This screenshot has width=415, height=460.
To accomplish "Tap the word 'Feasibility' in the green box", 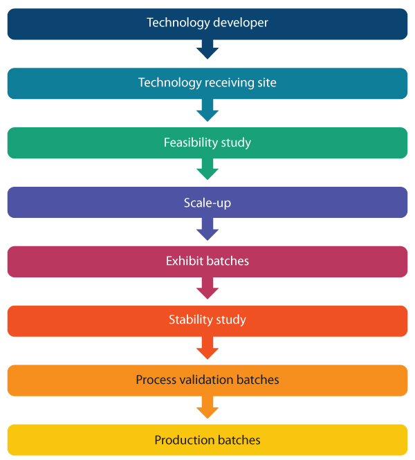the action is tap(190, 143).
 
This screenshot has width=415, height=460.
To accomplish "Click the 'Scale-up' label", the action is tap(207, 203).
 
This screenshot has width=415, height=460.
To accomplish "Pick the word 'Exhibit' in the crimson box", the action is tap(185, 261).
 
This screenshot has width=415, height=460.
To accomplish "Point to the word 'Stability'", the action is tap(191, 320).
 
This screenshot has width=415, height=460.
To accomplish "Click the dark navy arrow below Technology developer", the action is tap(207, 49).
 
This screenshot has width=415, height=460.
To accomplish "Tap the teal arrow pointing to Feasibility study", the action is tap(207, 110).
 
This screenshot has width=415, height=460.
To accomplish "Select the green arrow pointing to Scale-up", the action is tap(207, 169).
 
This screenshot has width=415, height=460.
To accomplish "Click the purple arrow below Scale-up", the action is tap(207, 229).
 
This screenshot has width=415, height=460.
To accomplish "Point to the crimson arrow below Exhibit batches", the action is tap(207, 288).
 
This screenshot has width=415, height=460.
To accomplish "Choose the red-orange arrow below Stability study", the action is tap(207, 348).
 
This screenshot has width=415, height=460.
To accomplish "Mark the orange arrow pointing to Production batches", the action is tap(207, 407).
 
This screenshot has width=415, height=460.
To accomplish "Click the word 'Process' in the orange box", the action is tap(156, 380).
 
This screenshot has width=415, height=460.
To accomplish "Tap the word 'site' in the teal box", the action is tap(267, 83).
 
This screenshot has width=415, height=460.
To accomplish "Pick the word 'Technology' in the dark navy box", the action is tap(178, 24).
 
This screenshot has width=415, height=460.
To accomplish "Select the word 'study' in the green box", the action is tap(236, 143).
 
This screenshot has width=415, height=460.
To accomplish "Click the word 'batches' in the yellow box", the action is tap(239, 440).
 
